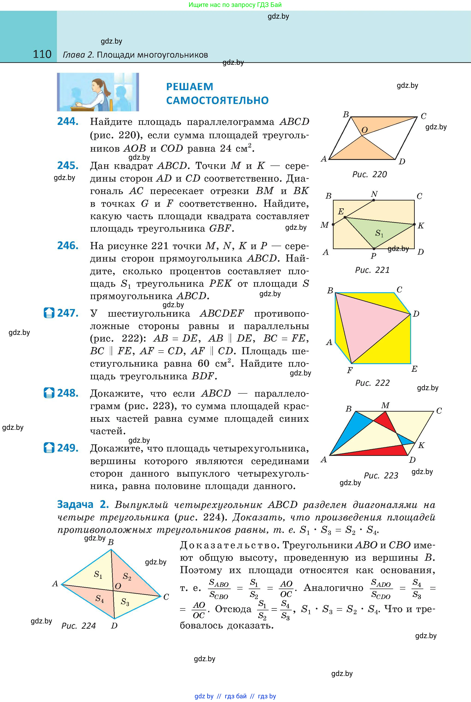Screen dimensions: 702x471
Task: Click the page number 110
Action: (x=42, y=54)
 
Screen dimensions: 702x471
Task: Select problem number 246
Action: (x=68, y=246)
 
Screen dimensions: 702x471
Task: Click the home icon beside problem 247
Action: (x=49, y=313)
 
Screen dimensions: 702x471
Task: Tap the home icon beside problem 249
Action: (x=49, y=448)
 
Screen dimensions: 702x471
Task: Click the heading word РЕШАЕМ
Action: (x=190, y=87)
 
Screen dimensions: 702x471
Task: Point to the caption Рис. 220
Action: (x=370, y=174)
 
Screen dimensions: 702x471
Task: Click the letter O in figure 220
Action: (x=364, y=130)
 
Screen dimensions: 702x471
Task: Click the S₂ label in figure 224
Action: (x=127, y=576)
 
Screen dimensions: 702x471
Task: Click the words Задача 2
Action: (x=83, y=505)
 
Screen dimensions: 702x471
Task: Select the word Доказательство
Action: (x=228, y=545)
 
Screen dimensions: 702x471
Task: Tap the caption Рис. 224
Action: (x=78, y=626)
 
